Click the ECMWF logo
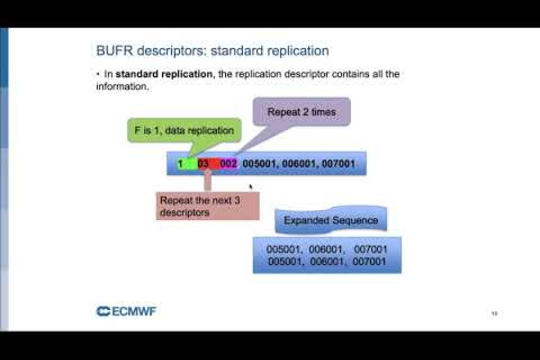coord(126,311)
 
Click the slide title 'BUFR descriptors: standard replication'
coord(212,51)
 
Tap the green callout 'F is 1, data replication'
coord(184,130)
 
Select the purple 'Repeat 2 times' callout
coord(301,112)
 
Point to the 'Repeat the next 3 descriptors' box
coord(208,206)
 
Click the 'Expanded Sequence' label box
coord(331,221)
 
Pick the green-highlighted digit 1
coord(180,163)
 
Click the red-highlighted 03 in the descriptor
coord(203,163)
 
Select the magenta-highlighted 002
coord(228,163)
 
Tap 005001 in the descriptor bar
coord(260,163)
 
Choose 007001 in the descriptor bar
coord(338,163)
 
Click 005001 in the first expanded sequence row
coord(285,249)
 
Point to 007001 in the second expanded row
coord(370,262)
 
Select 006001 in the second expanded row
coord(326,262)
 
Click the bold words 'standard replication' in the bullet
coord(160,74)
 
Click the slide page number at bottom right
coord(494,313)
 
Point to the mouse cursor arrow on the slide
coord(251,187)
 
